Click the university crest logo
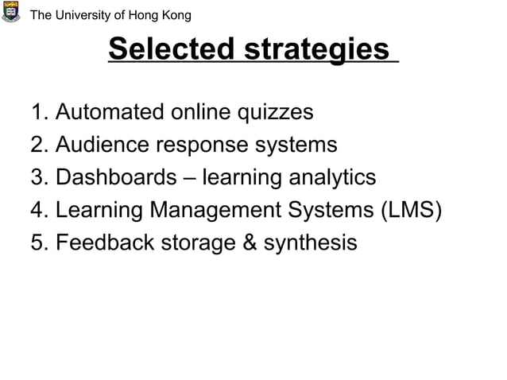coord(11,12)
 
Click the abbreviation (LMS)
coord(408,210)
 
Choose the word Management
coord(207,211)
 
